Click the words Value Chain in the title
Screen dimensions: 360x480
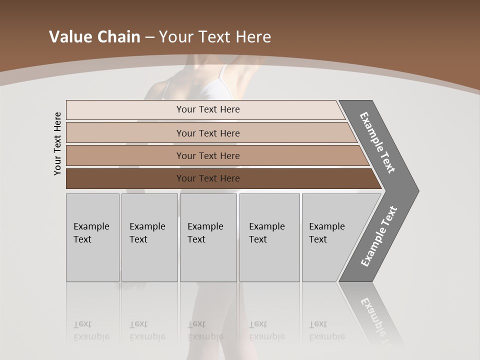(94, 37)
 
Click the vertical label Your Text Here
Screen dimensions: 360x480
(57, 143)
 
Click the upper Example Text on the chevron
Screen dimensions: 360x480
(377, 142)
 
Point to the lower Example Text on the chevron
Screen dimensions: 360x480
(379, 236)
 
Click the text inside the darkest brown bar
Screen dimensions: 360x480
(208, 178)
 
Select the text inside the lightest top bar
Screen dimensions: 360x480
(208, 109)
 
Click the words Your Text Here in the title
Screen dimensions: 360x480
(215, 37)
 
